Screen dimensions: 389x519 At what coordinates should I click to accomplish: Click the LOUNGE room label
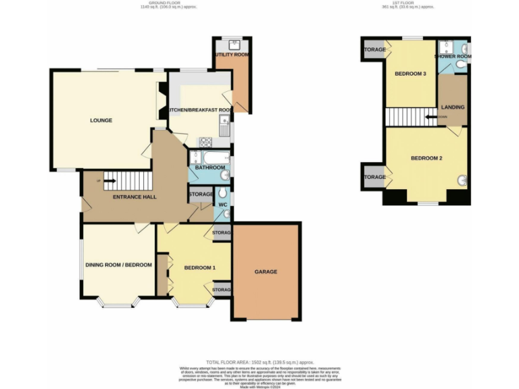click(x=101, y=120)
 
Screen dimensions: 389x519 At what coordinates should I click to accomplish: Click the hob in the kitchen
click(x=205, y=141)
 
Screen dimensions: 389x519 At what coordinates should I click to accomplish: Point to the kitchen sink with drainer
click(x=225, y=126)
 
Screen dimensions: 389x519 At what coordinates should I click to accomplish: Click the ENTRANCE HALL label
click(x=134, y=197)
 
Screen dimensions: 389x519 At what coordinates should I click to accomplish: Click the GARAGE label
click(x=266, y=271)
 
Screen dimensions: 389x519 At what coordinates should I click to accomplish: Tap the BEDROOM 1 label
click(x=199, y=267)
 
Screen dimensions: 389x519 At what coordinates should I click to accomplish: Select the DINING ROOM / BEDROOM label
click(x=118, y=265)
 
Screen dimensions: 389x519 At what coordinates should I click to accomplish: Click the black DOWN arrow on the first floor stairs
click(x=430, y=117)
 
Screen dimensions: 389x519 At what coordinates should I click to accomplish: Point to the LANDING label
click(x=452, y=107)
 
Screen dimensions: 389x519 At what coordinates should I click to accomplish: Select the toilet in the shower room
click(x=461, y=64)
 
